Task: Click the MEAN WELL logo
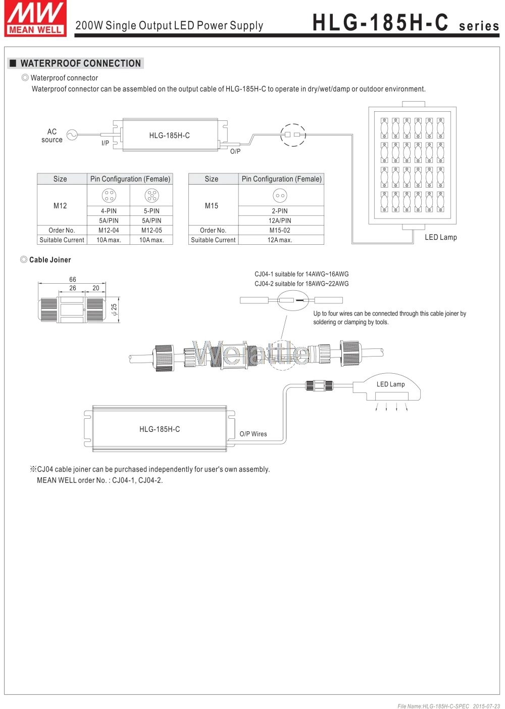point(35,18)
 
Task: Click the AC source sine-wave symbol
point(72,135)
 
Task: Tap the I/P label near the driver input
point(105,143)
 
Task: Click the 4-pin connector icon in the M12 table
point(109,195)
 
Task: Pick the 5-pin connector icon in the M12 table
point(151,195)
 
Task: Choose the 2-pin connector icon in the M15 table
point(280,195)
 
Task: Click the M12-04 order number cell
point(109,230)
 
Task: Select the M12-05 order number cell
point(151,230)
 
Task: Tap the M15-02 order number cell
point(280,230)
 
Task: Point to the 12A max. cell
point(280,240)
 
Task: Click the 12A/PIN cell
point(280,220)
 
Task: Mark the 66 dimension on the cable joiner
point(73,280)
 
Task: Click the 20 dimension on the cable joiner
point(96,288)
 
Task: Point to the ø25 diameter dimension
point(114,309)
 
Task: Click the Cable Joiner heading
point(50,260)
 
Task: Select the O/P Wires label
point(253,434)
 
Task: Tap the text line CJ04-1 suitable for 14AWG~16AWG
point(301,274)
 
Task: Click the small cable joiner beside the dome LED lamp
point(319,385)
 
